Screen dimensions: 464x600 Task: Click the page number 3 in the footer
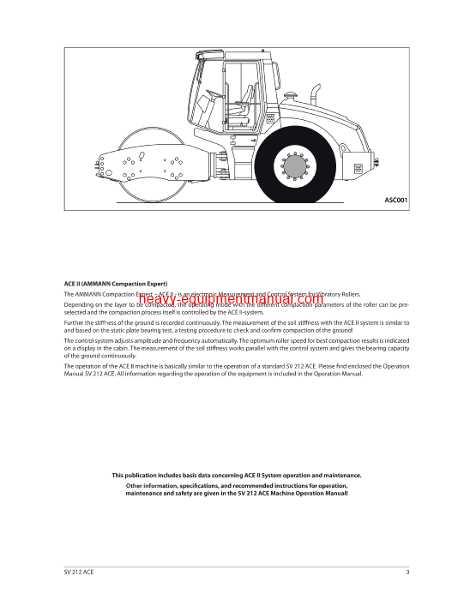[407, 573]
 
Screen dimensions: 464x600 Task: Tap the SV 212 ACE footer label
[79, 573]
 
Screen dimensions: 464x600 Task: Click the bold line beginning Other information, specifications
[232, 486]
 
